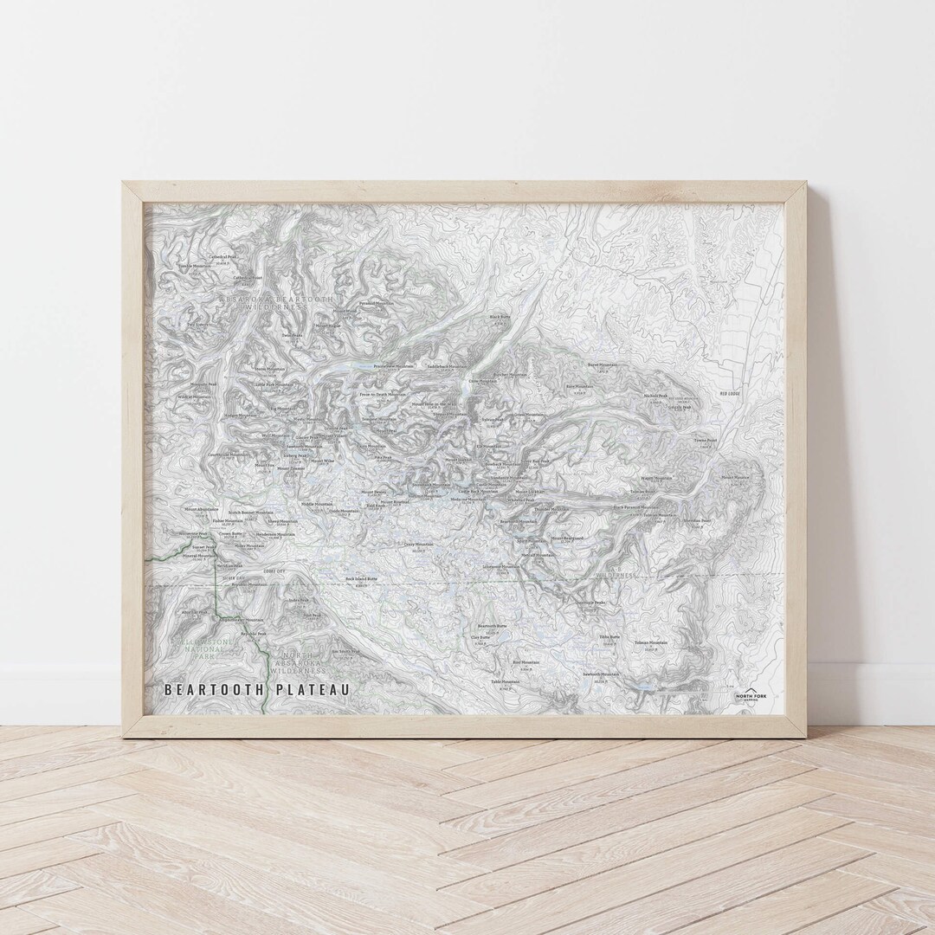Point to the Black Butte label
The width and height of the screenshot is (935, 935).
[x=500, y=317]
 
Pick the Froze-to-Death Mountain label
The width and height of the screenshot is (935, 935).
[x=382, y=394]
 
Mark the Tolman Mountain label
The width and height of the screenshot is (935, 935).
[x=650, y=643]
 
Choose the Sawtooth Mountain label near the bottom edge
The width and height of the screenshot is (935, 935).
[x=602, y=674]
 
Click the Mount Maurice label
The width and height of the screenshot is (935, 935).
[x=735, y=477]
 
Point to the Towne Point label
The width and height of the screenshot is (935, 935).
[x=706, y=440]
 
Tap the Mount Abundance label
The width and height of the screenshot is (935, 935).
[x=202, y=510]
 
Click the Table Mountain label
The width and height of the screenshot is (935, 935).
[x=505, y=681]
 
